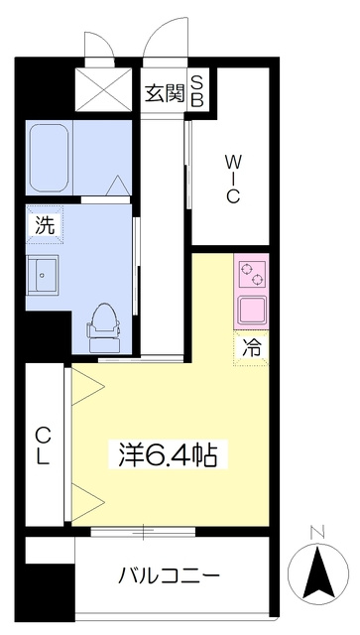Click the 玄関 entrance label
click(166, 93)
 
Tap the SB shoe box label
click(197, 92)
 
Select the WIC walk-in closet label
click(232, 181)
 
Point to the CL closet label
click(44, 446)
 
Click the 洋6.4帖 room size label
click(168, 454)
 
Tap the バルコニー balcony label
click(169, 575)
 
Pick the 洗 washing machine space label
click(45, 225)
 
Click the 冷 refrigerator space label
click(251, 348)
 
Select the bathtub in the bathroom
click(49, 158)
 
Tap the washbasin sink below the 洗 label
click(42, 275)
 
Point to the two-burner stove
click(252, 274)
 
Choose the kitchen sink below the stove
click(252, 310)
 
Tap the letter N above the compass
click(317, 533)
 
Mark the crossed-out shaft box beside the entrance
click(104, 89)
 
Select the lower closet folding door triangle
click(88, 503)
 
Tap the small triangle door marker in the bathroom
click(119, 186)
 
